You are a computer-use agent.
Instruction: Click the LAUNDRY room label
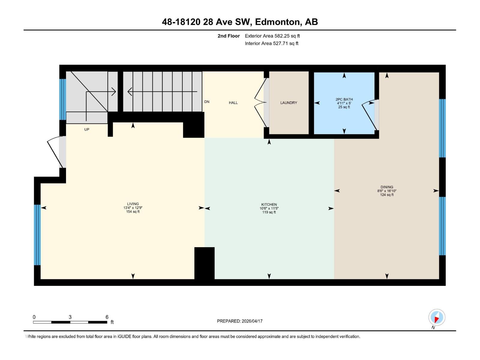[289, 103]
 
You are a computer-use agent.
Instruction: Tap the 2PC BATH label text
[344, 99]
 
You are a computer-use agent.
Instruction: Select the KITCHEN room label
[269, 205]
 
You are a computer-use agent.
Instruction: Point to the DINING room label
[387, 187]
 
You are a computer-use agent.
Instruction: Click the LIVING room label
[133, 204]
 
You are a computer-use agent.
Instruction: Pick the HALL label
[233, 103]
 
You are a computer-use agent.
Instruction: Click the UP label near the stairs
[87, 130]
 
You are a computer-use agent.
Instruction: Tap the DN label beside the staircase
[207, 102]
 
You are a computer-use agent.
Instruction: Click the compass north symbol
[436, 317]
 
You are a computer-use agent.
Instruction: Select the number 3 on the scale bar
[70, 317]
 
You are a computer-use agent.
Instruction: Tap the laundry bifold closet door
[260, 103]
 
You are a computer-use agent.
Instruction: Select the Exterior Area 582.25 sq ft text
[272, 36]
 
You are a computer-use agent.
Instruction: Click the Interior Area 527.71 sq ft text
[271, 43]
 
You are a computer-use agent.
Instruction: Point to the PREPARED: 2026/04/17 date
[240, 321]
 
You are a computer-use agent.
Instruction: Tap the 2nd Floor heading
[229, 36]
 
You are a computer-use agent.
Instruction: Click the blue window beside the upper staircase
[62, 99]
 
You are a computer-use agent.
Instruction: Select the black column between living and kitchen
[204, 263]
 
